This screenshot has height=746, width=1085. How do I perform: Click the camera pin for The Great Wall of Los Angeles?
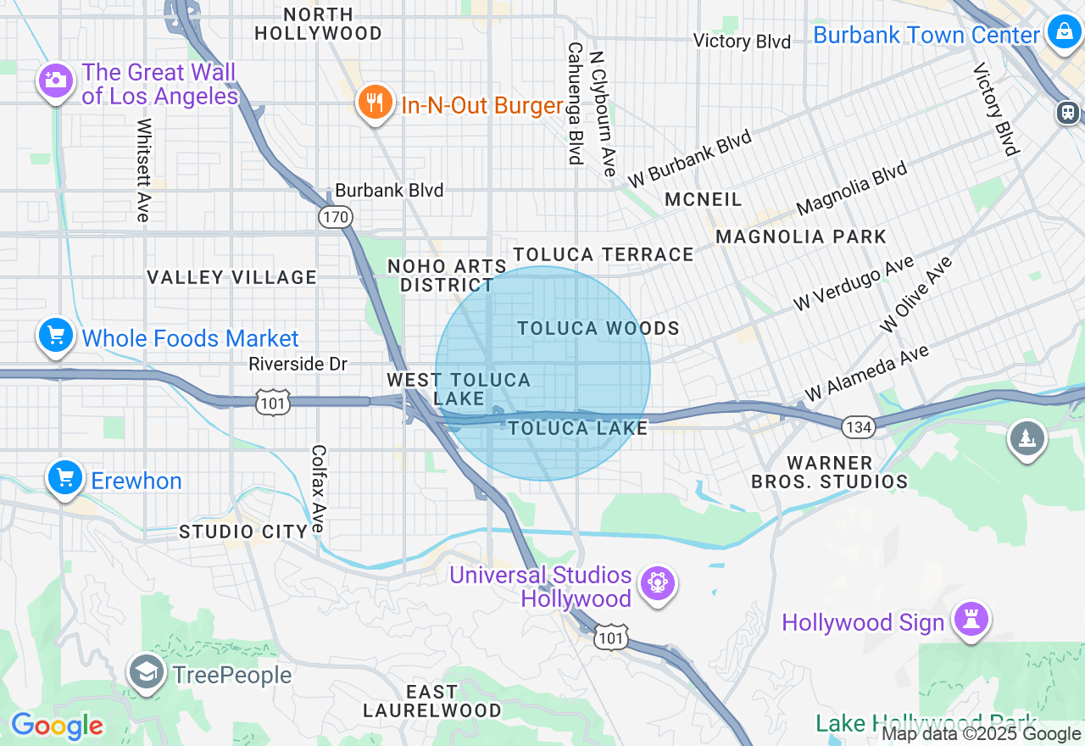pos(55,81)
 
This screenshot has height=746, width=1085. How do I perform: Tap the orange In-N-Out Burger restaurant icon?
pos(374,103)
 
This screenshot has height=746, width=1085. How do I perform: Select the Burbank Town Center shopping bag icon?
pos(1062,33)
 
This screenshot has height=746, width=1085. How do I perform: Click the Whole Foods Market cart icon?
pos(56,336)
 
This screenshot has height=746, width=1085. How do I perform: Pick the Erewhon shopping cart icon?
pos(65,478)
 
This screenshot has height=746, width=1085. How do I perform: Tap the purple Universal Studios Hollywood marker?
pos(658,583)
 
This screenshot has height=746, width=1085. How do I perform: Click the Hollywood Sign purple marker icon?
pos(971,620)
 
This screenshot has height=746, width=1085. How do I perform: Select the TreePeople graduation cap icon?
pos(147,672)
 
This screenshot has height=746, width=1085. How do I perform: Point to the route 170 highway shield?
pos(335,217)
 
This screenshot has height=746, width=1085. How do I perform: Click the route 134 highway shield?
pos(859,426)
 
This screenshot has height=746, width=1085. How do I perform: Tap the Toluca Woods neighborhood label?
pos(598,328)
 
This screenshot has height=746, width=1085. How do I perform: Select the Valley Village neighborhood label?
pos(231,277)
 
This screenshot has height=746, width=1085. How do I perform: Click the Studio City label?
pos(243,532)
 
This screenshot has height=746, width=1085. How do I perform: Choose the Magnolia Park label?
pos(801,237)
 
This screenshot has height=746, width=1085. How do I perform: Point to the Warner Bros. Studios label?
pos(829,472)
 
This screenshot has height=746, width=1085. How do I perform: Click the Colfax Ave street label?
pos(319,489)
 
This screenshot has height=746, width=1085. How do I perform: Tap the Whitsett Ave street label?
pos(143,170)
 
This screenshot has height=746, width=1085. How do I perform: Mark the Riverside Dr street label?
pos(298,364)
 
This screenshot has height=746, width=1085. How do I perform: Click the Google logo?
pos(57,726)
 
